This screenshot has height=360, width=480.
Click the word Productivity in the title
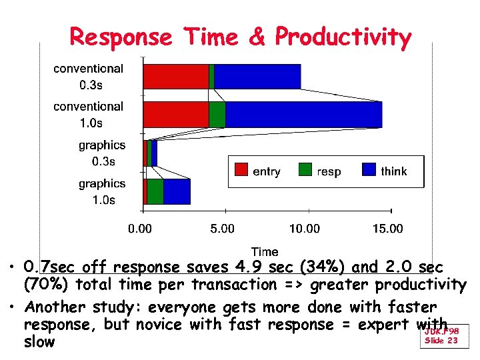click(x=343, y=37)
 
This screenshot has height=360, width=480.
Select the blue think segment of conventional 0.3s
click(x=257, y=76)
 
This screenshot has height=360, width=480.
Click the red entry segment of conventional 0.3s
click(x=176, y=76)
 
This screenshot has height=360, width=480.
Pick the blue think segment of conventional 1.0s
click(x=303, y=114)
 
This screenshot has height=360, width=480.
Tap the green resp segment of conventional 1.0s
click(x=217, y=114)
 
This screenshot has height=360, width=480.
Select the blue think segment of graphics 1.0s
click(x=177, y=191)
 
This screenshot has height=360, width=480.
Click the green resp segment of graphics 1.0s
click(x=155, y=191)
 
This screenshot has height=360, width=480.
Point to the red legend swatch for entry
click(x=241, y=171)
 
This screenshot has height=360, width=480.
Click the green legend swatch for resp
click(x=305, y=171)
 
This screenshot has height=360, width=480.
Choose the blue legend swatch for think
click(x=369, y=171)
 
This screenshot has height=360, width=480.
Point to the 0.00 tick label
click(x=140, y=229)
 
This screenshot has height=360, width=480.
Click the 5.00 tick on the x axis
click(x=222, y=229)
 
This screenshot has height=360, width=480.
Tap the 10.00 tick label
click(x=305, y=229)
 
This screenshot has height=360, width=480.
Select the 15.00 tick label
click(x=387, y=229)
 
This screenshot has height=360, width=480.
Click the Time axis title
click(x=265, y=251)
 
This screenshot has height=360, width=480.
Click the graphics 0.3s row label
click(x=102, y=153)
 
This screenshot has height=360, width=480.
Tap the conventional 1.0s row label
click(x=88, y=114)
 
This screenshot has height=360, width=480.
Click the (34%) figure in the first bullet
click(x=323, y=267)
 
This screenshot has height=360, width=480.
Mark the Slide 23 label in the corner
click(x=441, y=341)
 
